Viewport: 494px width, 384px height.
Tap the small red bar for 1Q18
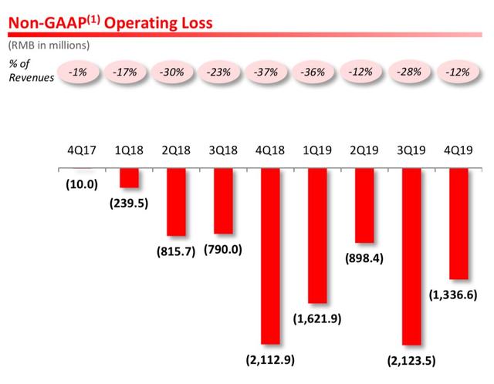tap(128, 177)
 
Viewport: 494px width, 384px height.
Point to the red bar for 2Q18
tap(176, 201)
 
